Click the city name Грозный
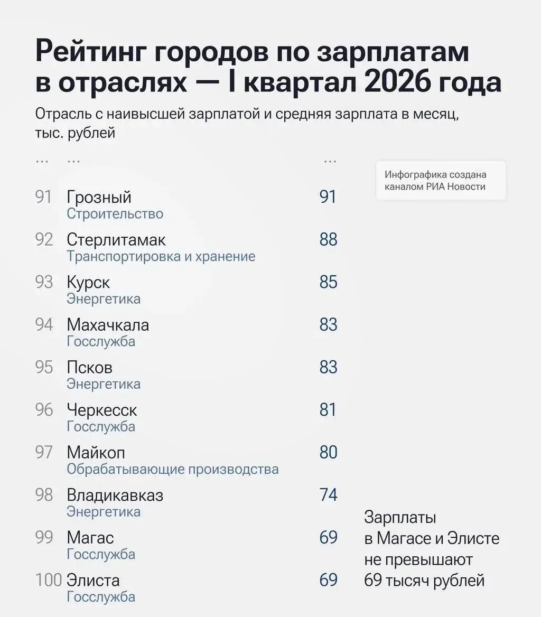[99, 197]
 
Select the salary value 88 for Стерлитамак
[329, 240]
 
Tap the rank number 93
[44, 282]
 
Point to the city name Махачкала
[108, 325]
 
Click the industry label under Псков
[104, 384]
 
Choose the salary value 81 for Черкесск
[328, 409]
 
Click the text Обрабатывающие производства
[173, 469]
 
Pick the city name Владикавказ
[115, 495]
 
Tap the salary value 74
[329, 495]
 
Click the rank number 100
[49, 580]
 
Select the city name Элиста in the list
[94, 580]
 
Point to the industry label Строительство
[115, 213]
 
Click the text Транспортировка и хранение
[161, 257]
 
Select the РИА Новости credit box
[441, 181]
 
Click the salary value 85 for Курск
[329, 282]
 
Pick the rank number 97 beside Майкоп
[44, 453]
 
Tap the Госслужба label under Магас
[101, 554]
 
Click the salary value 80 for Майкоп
[329, 453]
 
